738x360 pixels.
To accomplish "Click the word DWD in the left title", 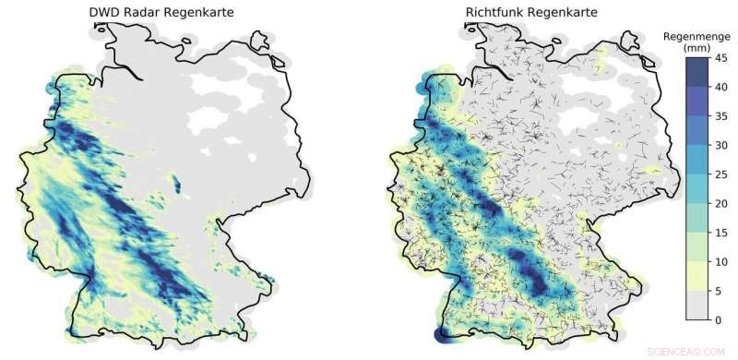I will pyautogui.click(x=102, y=12).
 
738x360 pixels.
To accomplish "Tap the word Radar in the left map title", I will pyautogui.click(x=138, y=12).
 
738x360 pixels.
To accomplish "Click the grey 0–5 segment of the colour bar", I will pyautogui.click(x=697, y=306).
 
